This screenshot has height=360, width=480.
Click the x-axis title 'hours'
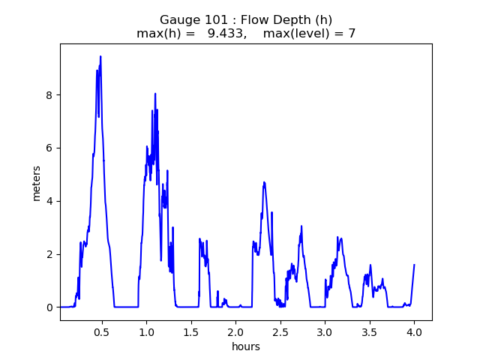[246, 346]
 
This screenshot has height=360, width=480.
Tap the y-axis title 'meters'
[37, 182]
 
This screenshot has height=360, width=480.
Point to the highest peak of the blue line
[100, 56]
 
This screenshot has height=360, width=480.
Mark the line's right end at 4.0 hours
[414, 265]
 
